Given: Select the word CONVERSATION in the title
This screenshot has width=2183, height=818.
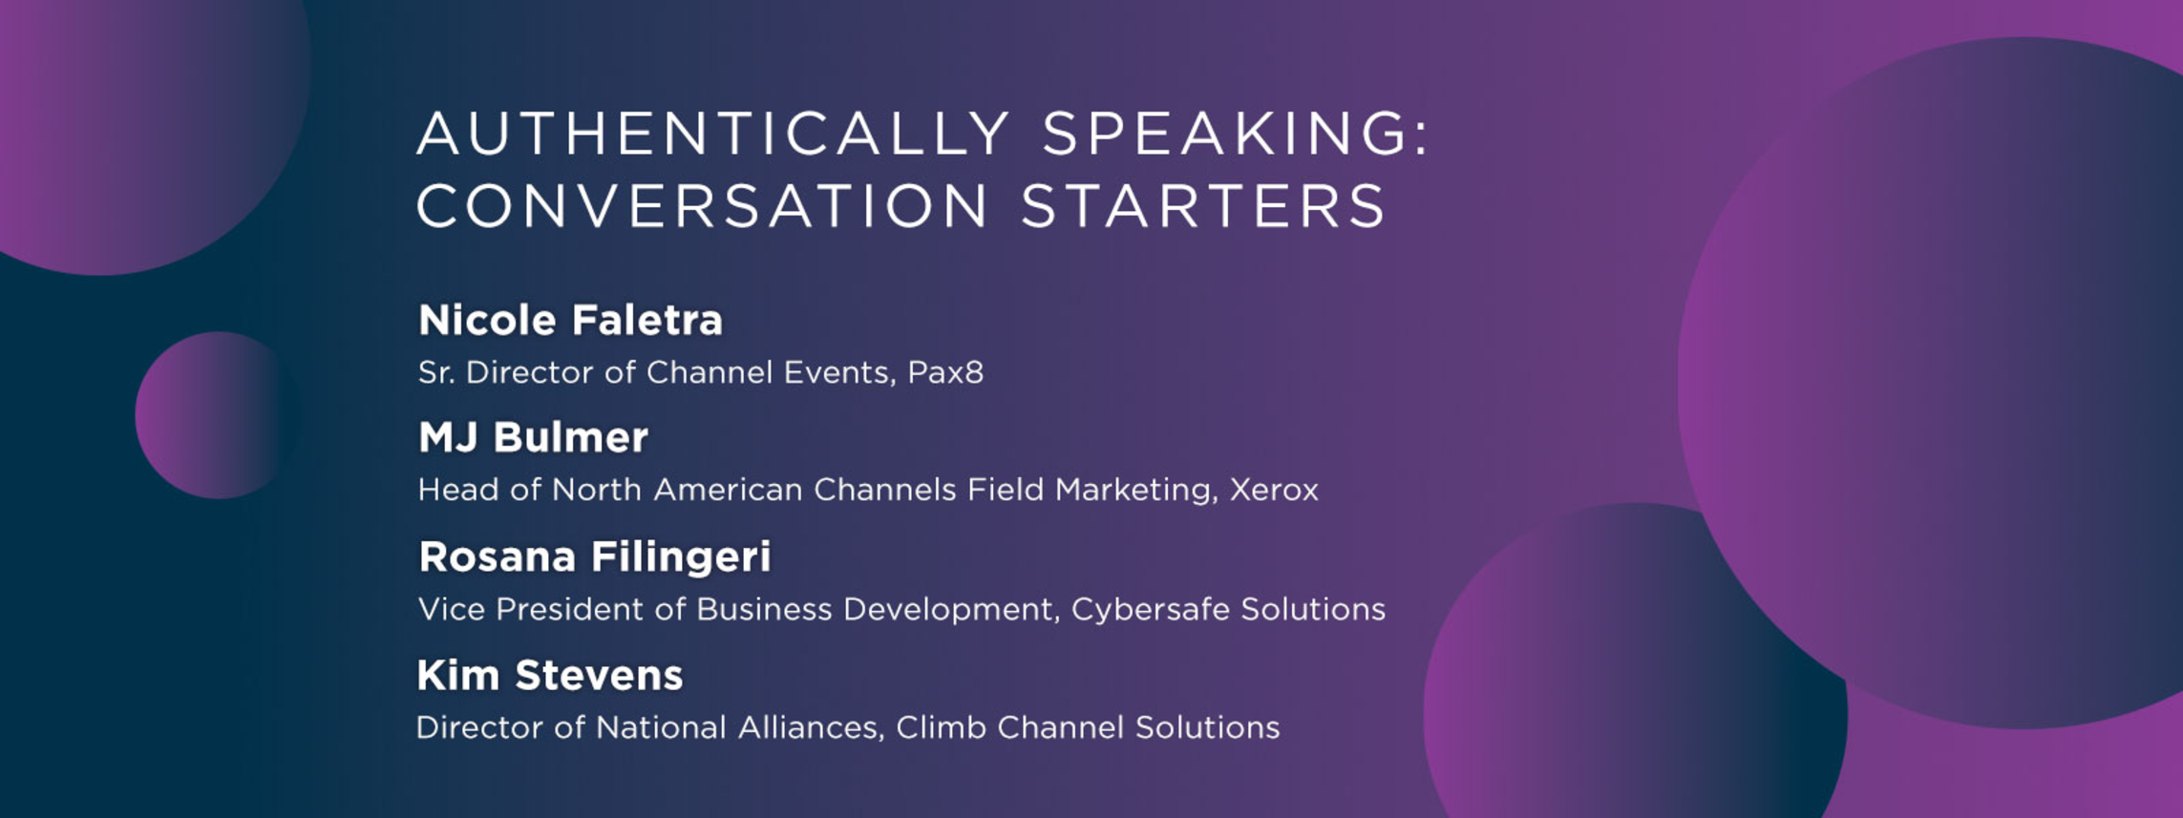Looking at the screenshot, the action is [702, 206].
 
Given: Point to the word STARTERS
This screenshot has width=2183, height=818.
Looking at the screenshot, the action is [1203, 206].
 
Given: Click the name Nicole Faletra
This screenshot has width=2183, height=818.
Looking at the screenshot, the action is [571, 321].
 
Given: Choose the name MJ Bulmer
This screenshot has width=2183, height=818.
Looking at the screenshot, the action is [533, 438].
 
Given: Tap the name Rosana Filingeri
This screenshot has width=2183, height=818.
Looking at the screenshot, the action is [595, 557].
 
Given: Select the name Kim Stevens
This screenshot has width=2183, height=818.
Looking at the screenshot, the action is [550, 676].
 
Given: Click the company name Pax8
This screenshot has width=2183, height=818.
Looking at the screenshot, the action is [945, 372].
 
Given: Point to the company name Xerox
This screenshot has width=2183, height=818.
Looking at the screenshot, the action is [1274, 490].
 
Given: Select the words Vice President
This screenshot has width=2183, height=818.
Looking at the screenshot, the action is [531, 609].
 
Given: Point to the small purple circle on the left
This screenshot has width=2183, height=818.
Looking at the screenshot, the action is [215, 415].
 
